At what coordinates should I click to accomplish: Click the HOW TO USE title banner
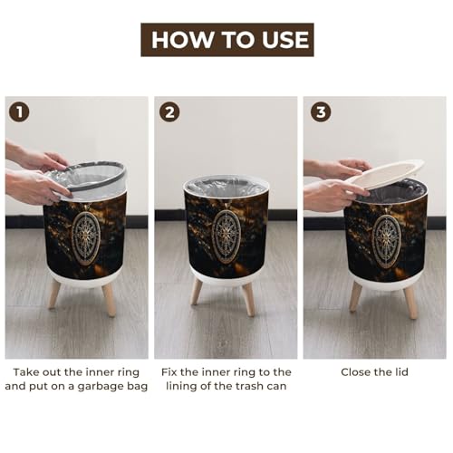pos(227,40)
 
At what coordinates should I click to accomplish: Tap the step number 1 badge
pos(19,112)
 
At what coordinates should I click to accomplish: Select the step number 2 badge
pos(169,112)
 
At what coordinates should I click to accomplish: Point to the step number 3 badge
pos(321,112)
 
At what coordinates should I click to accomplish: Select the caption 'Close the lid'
pos(374,372)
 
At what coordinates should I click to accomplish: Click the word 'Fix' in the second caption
pos(169,372)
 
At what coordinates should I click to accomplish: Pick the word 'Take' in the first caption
pos(25,372)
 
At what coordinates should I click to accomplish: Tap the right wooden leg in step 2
pos(248,299)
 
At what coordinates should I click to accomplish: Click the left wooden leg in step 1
pos(55,294)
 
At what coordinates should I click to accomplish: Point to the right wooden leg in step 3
pos(411,303)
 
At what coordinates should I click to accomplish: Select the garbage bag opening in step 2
pos(226,187)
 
